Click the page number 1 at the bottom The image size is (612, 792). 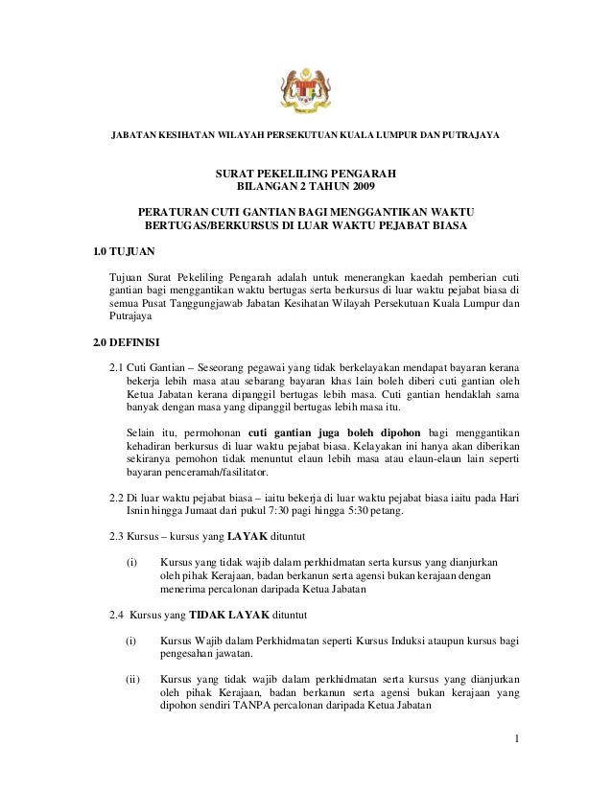[516, 737]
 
